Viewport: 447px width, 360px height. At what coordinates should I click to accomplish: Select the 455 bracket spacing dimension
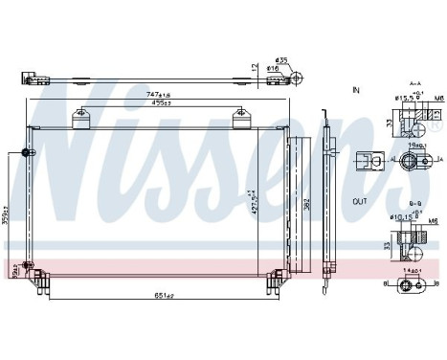(159, 106)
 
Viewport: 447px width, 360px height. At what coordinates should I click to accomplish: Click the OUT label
(359, 203)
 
